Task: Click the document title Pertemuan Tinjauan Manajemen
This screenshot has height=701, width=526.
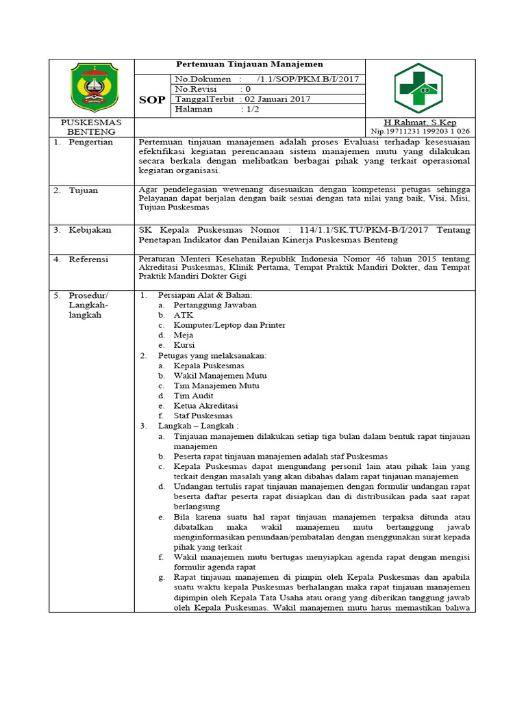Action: (x=250, y=64)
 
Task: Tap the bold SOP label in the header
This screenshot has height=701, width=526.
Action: (x=151, y=99)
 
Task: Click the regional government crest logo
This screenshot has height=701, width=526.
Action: (x=95, y=87)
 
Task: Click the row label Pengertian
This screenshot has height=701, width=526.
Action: (x=90, y=142)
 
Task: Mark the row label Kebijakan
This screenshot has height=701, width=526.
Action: (x=89, y=231)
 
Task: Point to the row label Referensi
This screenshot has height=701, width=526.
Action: (x=89, y=259)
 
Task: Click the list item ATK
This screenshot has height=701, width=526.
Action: (x=184, y=315)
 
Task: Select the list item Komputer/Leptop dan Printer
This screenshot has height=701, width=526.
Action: (x=229, y=325)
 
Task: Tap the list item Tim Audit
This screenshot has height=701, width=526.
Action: (x=193, y=396)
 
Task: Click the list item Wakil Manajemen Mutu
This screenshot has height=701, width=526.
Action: (x=220, y=376)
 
